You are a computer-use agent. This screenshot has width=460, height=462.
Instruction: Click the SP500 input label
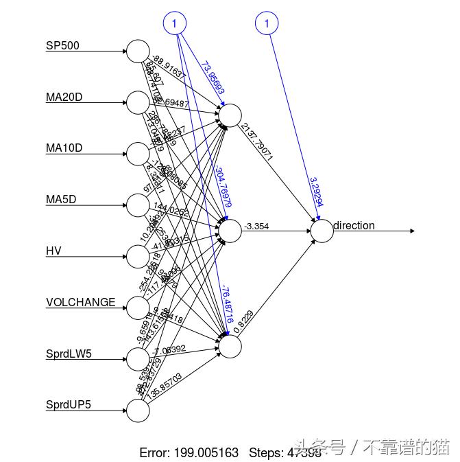pos(62,46)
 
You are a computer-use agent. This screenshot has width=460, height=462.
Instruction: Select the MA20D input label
pos(64,97)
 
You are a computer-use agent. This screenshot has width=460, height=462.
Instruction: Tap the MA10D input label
pos(64,148)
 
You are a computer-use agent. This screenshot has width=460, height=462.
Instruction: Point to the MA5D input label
pos(61,200)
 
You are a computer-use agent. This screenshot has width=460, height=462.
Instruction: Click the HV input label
pos(53,251)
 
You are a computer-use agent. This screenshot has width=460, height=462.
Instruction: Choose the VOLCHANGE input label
pos(80,302)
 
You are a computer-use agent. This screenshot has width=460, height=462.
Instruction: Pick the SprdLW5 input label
pos(69,354)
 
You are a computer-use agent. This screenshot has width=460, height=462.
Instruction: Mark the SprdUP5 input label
pos(69,404)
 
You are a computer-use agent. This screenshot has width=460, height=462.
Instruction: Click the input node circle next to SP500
pos(138,51)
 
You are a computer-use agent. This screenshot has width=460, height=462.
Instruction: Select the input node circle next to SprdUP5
pos(138,410)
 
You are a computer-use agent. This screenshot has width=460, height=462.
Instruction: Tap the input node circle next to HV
pos(138,256)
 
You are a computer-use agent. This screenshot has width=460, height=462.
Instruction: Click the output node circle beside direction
pos(322,231)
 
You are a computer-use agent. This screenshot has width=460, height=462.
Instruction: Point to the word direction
pos(354,225)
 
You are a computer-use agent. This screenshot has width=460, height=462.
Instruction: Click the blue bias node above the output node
pos(267,24)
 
